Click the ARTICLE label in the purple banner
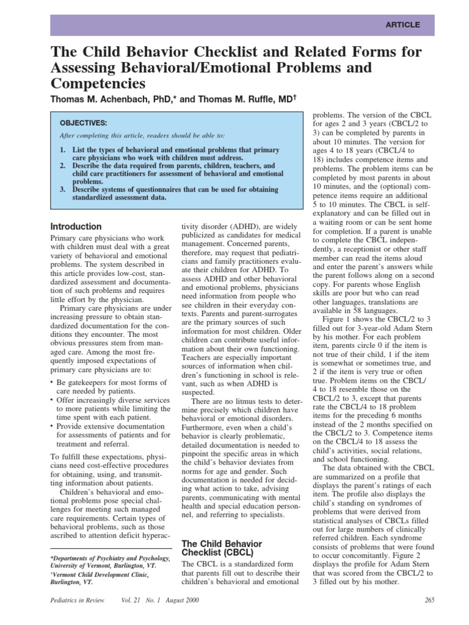pyautogui.click(x=402, y=25)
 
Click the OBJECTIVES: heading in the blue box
pyautogui.click(x=83, y=123)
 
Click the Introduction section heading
pyautogui.click(x=76, y=226)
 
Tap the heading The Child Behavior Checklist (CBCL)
pyautogui.click(x=222, y=547)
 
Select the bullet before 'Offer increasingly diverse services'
pyautogui.click(x=52, y=400)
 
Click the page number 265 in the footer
pyautogui.click(x=428, y=601)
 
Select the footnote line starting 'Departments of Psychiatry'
pyautogui.click(x=111, y=558)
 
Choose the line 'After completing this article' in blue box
pyautogui.click(x=142, y=135)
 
